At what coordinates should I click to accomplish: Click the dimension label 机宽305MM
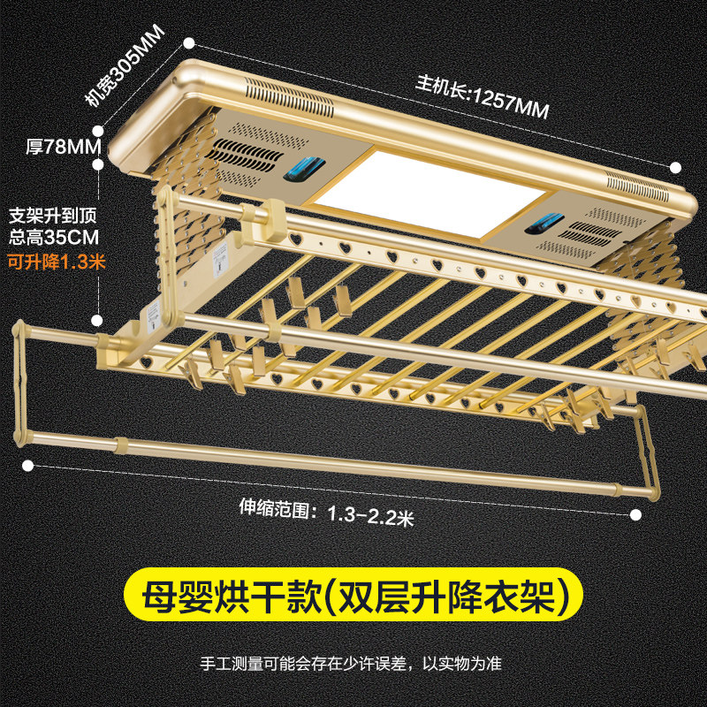tap(125, 65)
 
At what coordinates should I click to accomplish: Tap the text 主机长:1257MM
tap(482, 96)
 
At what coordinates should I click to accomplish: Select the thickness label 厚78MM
tap(64, 147)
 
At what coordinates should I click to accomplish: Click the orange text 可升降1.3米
tap(57, 262)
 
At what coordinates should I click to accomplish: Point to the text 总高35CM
tap(54, 238)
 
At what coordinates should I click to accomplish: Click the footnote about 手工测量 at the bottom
tap(351, 664)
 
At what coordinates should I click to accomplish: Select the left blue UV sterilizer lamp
tap(303, 170)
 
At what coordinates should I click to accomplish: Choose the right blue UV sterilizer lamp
tap(544, 224)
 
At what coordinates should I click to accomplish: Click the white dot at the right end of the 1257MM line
tap(675, 168)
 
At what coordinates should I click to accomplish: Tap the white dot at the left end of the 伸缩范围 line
tap(28, 466)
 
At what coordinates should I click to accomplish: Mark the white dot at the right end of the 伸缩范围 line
tap(635, 515)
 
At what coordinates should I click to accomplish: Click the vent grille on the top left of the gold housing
tap(290, 97)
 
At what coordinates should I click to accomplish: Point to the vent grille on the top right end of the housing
tap(637, 186)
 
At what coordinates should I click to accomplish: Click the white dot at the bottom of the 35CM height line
tap(97, 321)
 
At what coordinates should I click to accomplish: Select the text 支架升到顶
tap(53, 216)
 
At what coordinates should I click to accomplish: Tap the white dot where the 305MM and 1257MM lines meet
tap(189, 43)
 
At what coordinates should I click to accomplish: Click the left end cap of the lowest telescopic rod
tap(19, 383)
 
